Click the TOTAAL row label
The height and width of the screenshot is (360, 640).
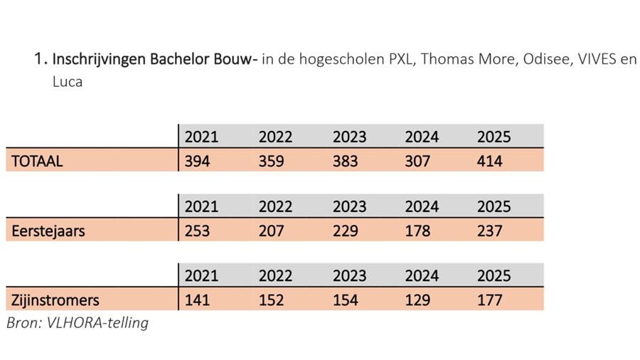click(37, 162)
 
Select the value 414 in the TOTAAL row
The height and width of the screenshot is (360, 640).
click(490, 162)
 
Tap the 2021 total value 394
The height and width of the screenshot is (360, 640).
click(197, 162)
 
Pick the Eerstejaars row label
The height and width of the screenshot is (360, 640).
click(48, 231)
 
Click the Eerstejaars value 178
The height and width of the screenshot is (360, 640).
click(417, 231)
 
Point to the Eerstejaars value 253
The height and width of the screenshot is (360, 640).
click(197, 231)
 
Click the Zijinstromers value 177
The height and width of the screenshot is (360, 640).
click(490, 300)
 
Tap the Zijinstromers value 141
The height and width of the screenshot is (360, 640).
click(197, 300)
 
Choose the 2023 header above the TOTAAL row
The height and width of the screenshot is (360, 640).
click(349, 137)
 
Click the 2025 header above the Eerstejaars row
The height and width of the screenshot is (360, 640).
click(494, 206)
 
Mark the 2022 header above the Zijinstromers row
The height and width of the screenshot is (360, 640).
click(275, 275)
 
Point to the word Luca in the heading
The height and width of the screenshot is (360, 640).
click(68, 81)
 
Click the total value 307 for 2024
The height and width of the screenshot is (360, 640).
click(417, 162)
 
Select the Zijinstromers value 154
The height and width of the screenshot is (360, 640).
click(346, 300)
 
